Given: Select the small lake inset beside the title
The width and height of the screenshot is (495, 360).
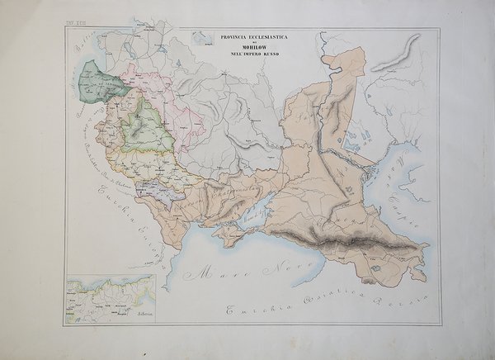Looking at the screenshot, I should (199, 39).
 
